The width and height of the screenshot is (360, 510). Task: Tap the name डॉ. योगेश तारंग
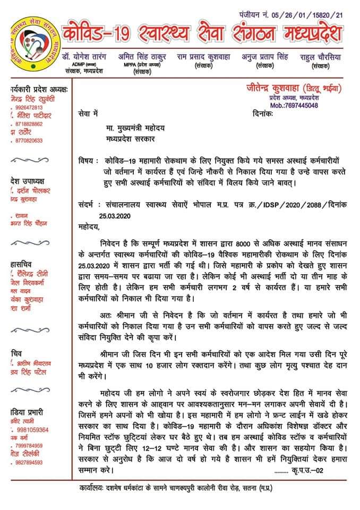coord(83,56)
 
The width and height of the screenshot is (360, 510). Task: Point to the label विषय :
coord(89,161)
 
